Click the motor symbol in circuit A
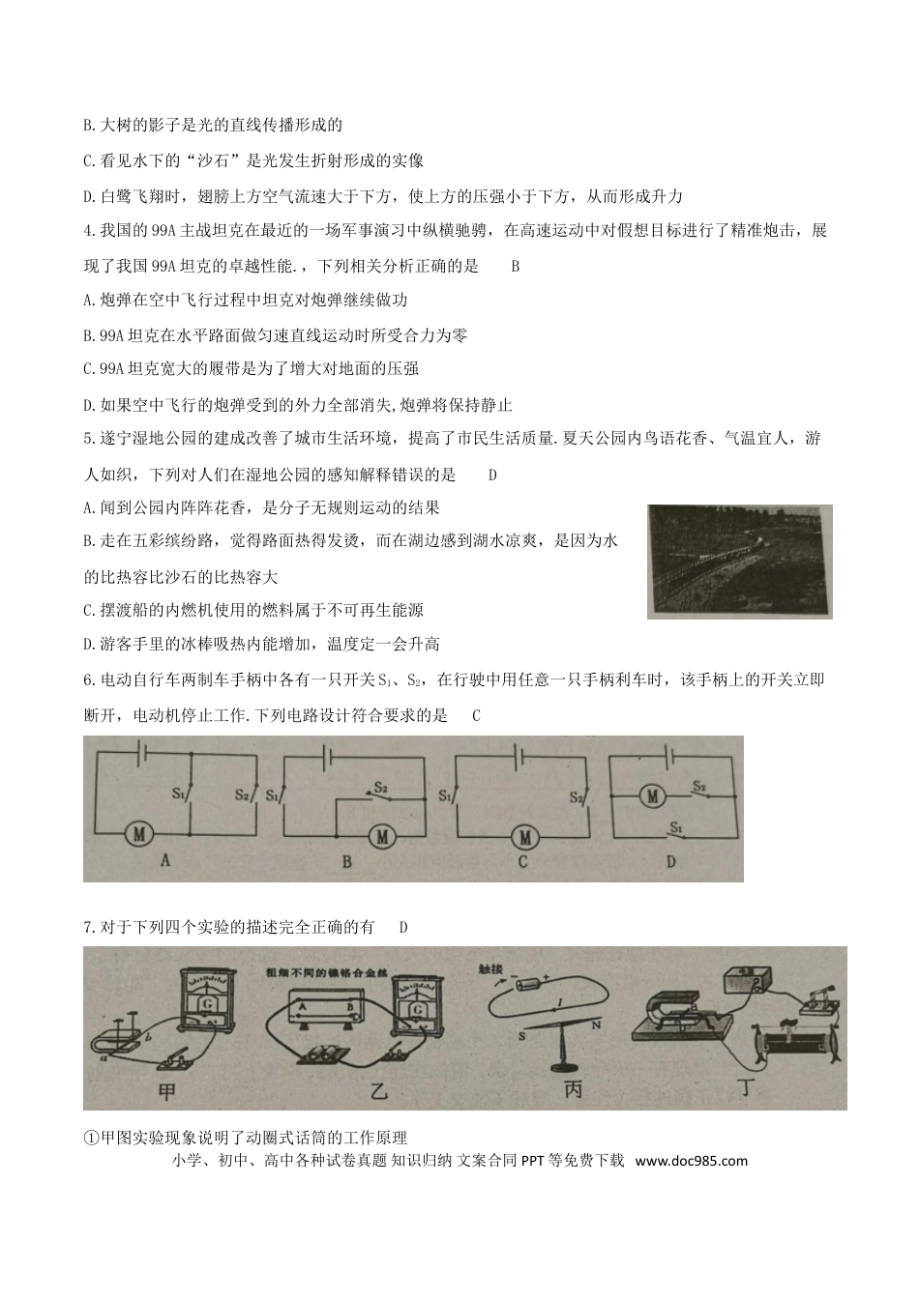click(139, 832)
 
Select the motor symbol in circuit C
click(524, 835)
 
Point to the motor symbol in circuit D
click(652, 796)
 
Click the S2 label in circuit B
click(381, 788)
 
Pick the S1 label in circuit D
click(676, 828)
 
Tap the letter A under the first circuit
click(164, 859)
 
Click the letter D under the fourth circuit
click(670, 860)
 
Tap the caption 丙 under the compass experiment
click(573, 1089)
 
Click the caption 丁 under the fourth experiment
click(746, 1088)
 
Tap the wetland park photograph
click(739, 562)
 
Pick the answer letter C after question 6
click(475, 716)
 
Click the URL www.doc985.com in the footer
click(692, 1161)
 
